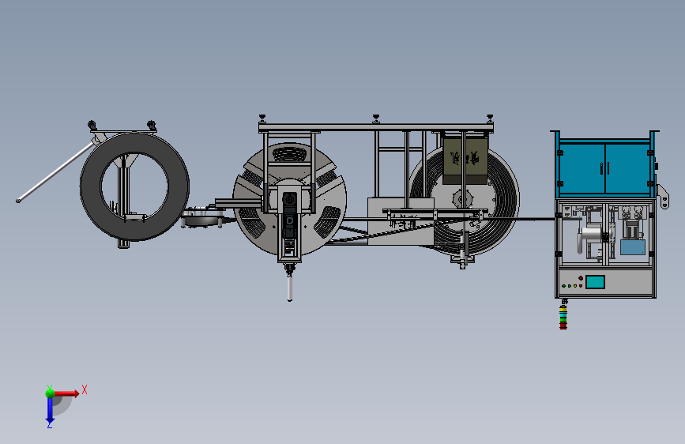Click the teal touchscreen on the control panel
[595, 282]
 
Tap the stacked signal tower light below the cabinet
[563, 316]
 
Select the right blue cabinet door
[627, 168]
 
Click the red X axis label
[85, 389]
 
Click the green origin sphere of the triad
[50, 393]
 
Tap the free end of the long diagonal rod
[18, 201]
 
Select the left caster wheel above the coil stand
[92, 125]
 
